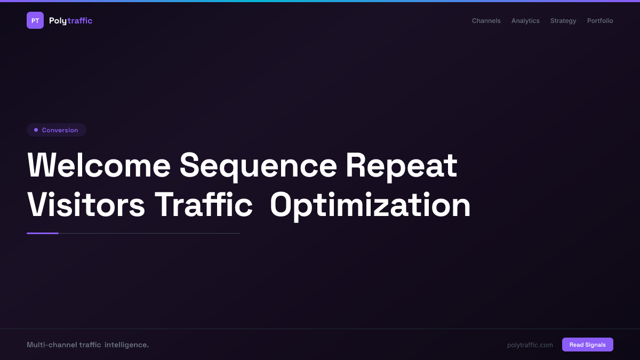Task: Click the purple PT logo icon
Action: click(x=35, y=20)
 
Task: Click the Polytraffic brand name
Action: click(x=70, y=21)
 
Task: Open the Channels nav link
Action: click(x=486, y=21)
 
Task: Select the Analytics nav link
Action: click(x=525, y=21)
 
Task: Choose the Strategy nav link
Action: click(x=563, y=21)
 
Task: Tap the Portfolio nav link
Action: click(x=600, y=21)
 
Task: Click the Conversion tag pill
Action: click(x=57, y=130)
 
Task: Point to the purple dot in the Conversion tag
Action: click(x=36, y=130)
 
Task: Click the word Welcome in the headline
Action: click(x=99, y=165)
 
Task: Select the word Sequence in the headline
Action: click(x=258, y=165)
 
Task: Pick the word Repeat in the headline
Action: click(x=401, y=165)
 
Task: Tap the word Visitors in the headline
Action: click(x=86, y=205)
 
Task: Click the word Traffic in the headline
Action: click(x=203, y=205)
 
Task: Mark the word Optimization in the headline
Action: click(x=370, y=205)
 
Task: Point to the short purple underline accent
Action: click(x=43, y=233)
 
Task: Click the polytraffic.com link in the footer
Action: click(x=530, y=345)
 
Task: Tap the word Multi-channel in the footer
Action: click(x=51, y=345)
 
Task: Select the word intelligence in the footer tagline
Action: click(x=126, y=345)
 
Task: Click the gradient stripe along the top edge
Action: click(x=320, y=1)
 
